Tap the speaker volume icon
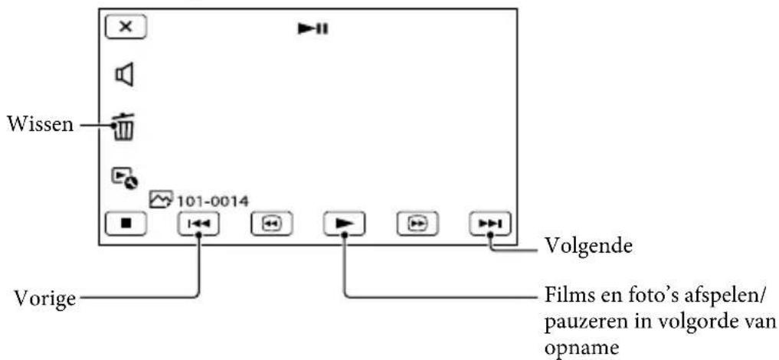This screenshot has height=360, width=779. pos(124,75)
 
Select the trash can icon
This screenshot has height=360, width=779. pos(123,126)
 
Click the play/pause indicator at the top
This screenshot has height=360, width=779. pos(313,29)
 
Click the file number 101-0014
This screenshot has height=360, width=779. pos(211,201)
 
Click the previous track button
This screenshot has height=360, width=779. pos(198,224)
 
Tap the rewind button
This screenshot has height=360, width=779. pos(271,224)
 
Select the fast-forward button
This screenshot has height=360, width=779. pos(417,224)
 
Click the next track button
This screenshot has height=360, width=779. pos(490,224)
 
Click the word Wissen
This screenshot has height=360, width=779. pos(39,125)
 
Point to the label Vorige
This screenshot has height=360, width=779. pos(45,299)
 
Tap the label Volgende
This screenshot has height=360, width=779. pos(589,245)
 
